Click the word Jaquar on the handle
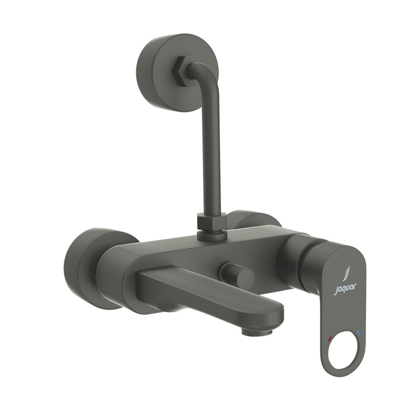(345, 289)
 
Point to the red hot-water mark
(330, 339)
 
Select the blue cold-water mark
(359, 333)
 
